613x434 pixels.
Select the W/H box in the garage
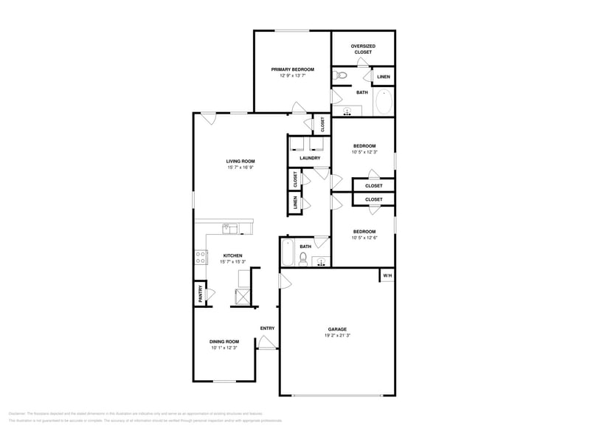386,276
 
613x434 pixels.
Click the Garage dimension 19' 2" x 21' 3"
338,335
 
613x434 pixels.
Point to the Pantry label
200,294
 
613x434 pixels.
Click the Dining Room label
224,341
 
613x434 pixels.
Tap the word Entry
267,328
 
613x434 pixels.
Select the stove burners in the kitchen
200,257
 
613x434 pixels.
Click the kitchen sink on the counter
231,228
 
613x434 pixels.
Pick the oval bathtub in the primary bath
384,102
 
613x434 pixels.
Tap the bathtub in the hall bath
288,253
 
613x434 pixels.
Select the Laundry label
309,158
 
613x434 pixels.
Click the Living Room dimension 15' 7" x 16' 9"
240,168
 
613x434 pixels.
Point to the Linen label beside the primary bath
384,77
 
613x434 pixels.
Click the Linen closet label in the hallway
295,203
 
